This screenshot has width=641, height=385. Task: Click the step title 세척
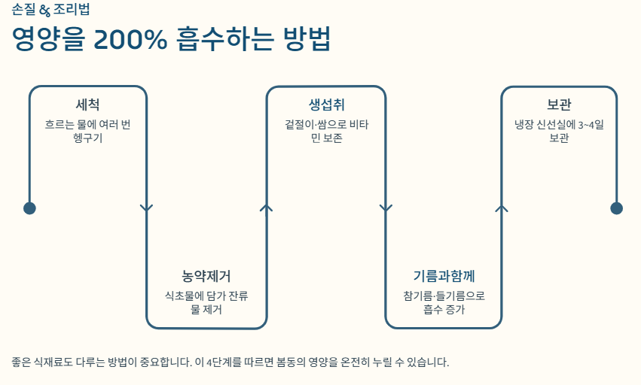point(87,105)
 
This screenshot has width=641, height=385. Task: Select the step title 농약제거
point(206,276)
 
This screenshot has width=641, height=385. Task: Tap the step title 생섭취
point(326,105)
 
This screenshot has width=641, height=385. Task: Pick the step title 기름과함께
point(444,276)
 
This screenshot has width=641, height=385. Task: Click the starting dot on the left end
point(29,208)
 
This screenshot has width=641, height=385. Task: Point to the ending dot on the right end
point(616,208)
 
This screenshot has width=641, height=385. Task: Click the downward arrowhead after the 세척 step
point(147,208)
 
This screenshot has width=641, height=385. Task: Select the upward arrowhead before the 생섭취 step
point(266,207)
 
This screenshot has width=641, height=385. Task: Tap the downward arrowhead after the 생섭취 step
point(386,208)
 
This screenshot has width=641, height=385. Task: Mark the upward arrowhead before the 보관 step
point(502,207)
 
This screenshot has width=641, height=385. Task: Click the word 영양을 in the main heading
point(47,40)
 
